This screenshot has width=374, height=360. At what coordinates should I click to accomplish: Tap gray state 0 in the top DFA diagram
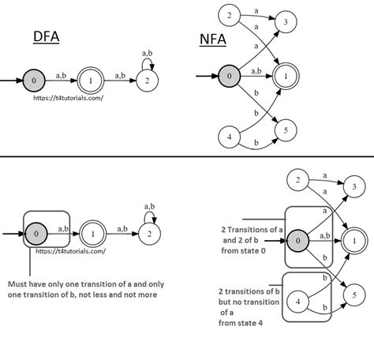coord(32,81)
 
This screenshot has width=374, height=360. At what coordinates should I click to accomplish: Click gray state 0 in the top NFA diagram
coord(228,75)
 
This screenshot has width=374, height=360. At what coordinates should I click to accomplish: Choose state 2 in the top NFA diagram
coord(228,15)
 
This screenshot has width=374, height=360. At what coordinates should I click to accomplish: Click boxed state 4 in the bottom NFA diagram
coord(297,300)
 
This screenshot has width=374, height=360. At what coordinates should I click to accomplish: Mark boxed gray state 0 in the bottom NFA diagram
coord(298,240)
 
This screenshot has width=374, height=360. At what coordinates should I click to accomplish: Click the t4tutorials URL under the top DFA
coord(68,98)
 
